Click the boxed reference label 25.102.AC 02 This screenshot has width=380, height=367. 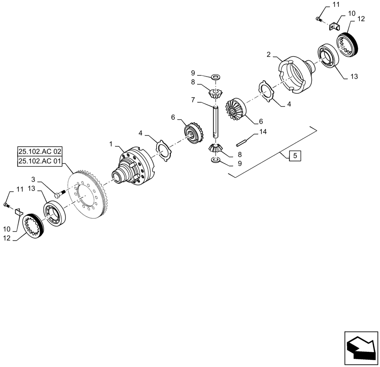(40, 151)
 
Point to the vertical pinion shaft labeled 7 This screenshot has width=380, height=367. (216, 121)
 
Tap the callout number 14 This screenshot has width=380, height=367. (263, 132)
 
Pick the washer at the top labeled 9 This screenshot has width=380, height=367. (215, 77)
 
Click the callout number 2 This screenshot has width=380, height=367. (269, 55)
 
